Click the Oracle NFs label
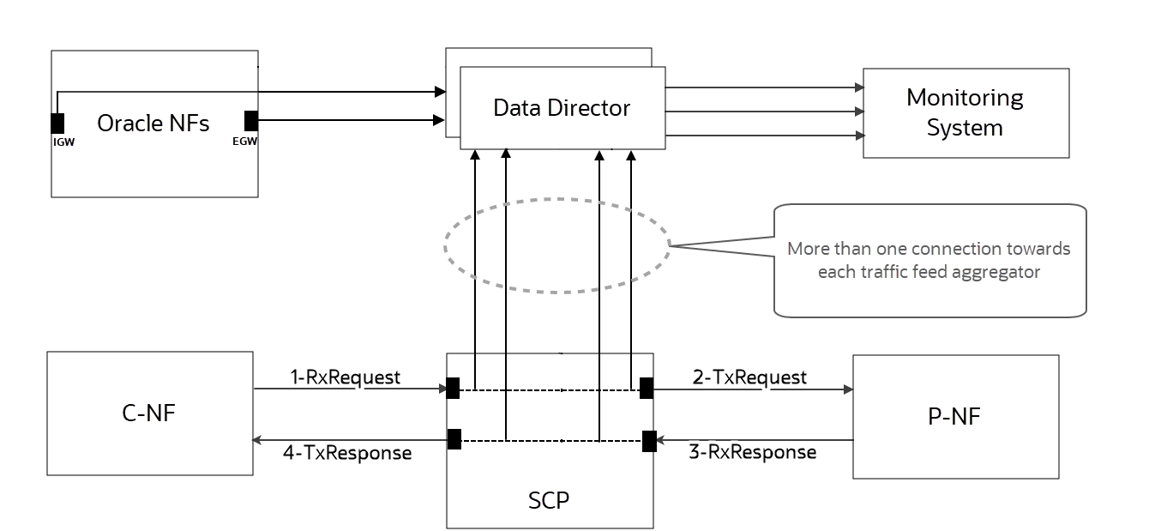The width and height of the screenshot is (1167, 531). pos(153,123)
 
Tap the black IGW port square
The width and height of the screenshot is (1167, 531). pos(57,122)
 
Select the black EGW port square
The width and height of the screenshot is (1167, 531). pos(251,120)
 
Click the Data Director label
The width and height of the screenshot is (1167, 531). pos(562,108)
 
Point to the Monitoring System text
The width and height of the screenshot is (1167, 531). pos(965,112)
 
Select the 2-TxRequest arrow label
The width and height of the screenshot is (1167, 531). pos(749,377)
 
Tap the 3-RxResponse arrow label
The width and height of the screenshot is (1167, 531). pos(752,452)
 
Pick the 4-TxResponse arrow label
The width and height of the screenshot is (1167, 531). pos(347,452)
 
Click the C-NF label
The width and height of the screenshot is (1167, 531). pos(150,413)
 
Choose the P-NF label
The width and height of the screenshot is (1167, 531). pos(955,417)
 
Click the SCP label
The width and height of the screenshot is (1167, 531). pos(549,499)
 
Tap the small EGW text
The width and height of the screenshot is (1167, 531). pos(245,142)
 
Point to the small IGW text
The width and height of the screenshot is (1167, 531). pos(63,142)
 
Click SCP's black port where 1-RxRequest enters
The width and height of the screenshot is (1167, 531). pos(453,389)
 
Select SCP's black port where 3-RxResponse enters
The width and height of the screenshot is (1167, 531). pos(650,441)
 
